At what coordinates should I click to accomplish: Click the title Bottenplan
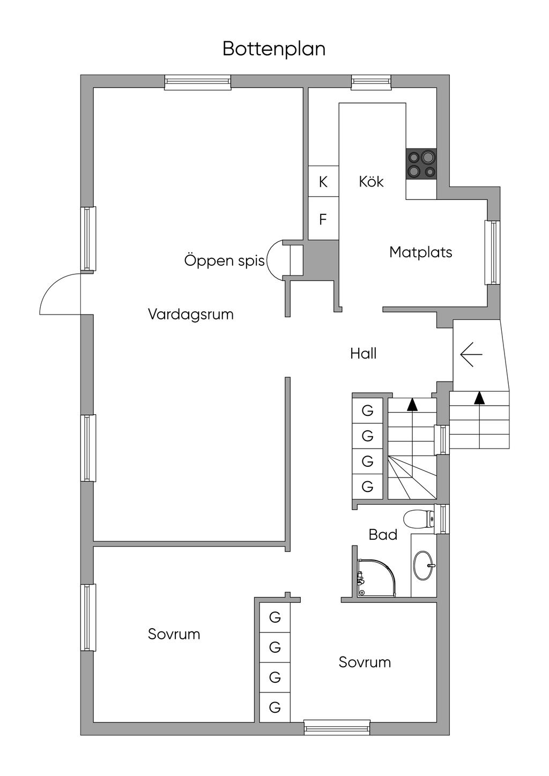click(274, 49)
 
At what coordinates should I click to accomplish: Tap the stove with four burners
click(421, 164)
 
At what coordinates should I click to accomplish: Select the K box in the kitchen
click(323, 182)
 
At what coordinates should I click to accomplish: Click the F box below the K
click(323, 219)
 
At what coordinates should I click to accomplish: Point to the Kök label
click(371, 182)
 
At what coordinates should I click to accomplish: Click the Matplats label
click(420, 252)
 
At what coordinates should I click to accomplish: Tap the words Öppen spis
click(224, 260)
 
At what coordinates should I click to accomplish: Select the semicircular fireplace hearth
click(275, 260)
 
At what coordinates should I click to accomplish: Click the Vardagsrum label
click(190, 314)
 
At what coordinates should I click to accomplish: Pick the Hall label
click(363, 354)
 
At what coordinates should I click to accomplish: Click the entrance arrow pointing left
click(471, 354)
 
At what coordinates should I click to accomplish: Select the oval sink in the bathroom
click(424, 565)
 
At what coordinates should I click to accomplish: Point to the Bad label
click(383, 535)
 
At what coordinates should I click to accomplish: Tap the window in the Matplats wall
click(492, 252)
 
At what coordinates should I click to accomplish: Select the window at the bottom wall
click(337, 727)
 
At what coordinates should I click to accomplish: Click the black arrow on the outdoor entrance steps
click(479, 398)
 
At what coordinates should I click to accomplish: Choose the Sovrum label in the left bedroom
click(174, 634)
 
